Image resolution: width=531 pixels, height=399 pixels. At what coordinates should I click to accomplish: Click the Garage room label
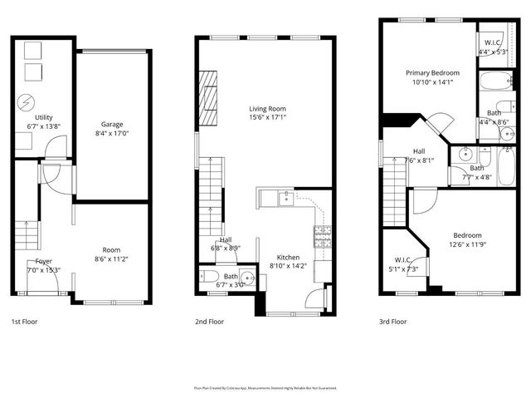click(112, 124)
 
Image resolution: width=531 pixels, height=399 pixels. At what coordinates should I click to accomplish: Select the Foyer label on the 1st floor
click(43, 260)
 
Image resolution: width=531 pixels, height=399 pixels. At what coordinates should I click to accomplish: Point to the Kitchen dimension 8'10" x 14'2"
click(288, 266)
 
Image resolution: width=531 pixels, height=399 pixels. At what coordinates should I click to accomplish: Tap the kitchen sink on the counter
click(286, 197)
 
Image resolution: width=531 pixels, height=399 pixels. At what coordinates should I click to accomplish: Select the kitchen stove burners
click(322, 236)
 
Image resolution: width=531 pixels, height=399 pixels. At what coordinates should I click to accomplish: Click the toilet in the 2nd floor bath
click(207, 278)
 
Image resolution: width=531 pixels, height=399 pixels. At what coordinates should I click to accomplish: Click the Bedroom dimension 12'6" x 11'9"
click(466, 245)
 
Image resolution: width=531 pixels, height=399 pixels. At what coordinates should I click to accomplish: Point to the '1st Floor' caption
click(24, 321)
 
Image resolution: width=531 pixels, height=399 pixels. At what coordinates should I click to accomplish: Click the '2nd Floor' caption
click(210, 321)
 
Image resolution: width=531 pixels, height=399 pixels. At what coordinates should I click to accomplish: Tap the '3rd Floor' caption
click(393, 321)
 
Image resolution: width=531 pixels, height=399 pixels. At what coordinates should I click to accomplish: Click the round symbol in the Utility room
click(23, 104)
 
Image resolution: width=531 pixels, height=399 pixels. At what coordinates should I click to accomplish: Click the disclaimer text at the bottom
click(265, 387)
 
